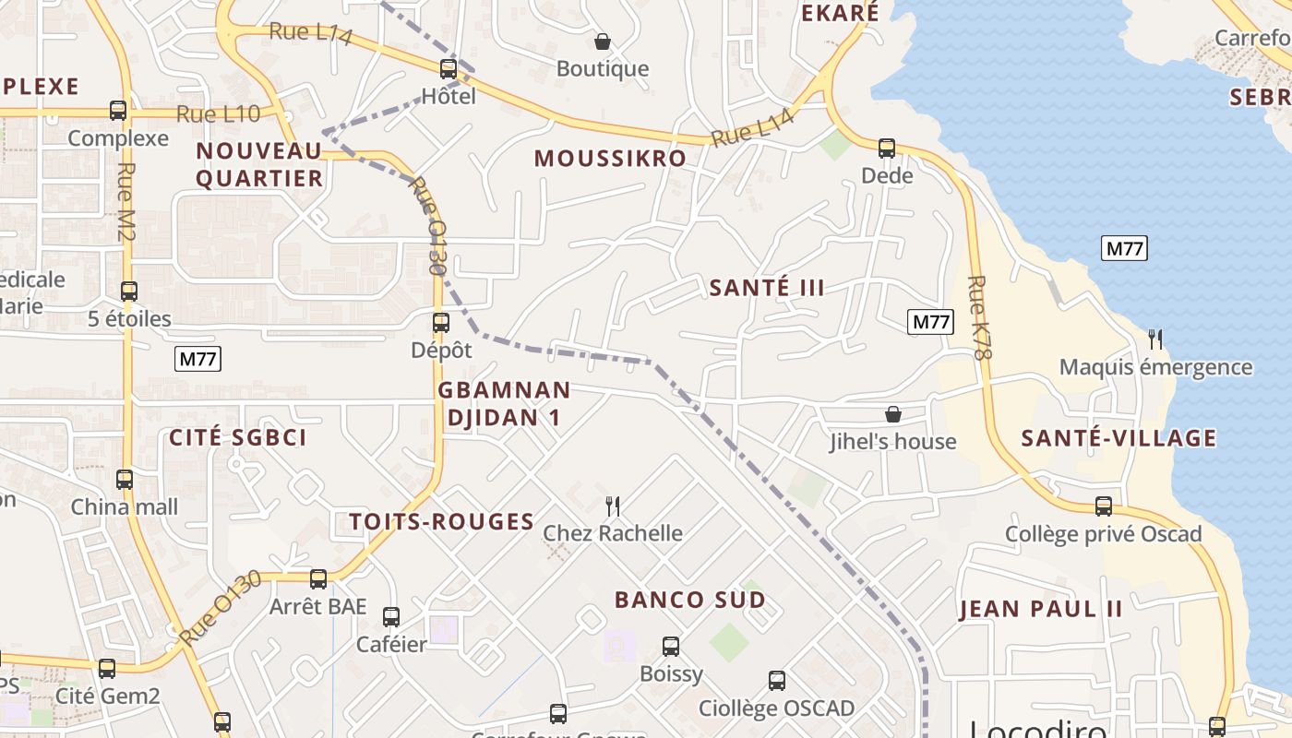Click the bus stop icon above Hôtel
pyautogui.click(x=449, y=68)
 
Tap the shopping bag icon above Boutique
pyautogui.click(x=603, y=42)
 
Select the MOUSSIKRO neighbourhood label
pyautogui.click(x=610, y=159)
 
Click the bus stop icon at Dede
pyautogui.click(x=887, y=148)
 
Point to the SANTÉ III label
pyautogui.click(x=767, y=288)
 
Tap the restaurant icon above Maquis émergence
pyautogui.click(x=1154, y=339)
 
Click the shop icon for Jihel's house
pyautogui.click(x=892, y=414)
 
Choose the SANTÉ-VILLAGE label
pyautogui.click(x=1119, y=438)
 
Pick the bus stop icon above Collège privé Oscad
pyautogui.click(x=1104, y=506)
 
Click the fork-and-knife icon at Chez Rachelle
pyautogui.click(x=612, y=506)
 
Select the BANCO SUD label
pyautogui.click(x=690, y=600)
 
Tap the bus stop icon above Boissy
pyautogui.click(x=671, y=647)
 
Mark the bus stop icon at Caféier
pyautogui.click(x=391, y=616)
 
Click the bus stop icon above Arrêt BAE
pyautogui.click(x=318, y=579)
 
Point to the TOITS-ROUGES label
pyautogui.click(x=442, y=522)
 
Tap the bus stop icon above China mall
pyautogui.click(x=125, y=480)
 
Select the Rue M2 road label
pyautogui.click(x=126, y=203)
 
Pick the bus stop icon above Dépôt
pyautogui.click(x=441, y=323)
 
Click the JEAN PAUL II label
pyautogui.click(x=1041, y=609)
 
